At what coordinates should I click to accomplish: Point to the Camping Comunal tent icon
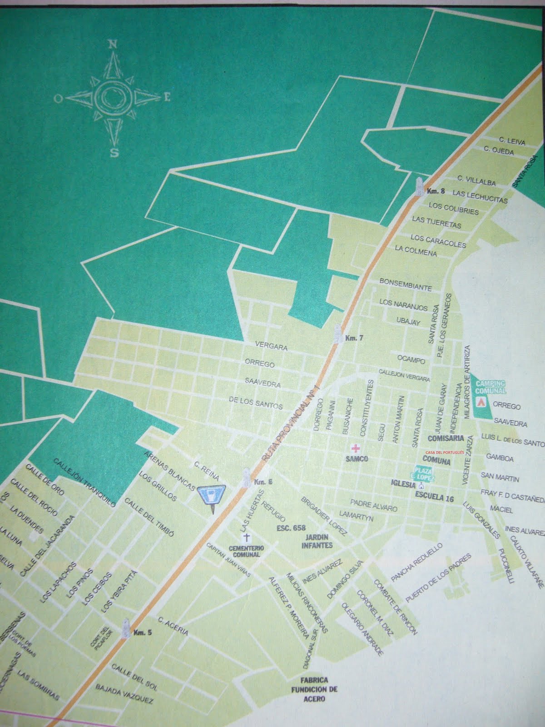click(481, 402)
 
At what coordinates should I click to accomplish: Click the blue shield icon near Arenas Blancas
click(212, 495)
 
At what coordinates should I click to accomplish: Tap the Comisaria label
click(446, 438)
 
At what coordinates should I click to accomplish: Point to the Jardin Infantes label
click(317, 542)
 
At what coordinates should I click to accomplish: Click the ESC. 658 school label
click(291, 528)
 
